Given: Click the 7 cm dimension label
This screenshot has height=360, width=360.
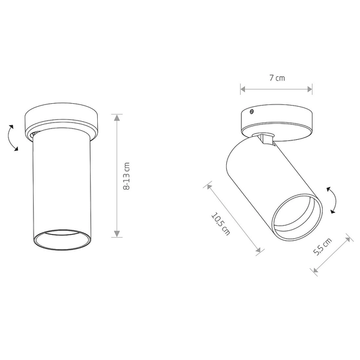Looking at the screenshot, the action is click(x=277, y=78).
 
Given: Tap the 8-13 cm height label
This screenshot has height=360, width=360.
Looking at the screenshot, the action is click(x=127, y=176).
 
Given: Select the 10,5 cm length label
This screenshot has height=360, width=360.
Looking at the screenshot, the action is click(x=220, y=224).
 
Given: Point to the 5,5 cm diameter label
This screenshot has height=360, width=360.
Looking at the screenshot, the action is click(x=322, y=247).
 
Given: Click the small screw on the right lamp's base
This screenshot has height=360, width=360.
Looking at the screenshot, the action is click(x=251, y=112).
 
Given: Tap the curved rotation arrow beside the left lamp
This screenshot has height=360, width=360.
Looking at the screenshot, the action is click(x=13, y=138).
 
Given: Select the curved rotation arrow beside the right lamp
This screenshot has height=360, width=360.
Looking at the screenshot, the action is click(x=332, y=200).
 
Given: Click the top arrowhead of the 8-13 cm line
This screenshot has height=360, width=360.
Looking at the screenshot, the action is click(x=117, y=118).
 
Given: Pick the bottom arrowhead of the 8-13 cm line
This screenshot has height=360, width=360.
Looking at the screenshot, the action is click(x=117, y=234).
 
